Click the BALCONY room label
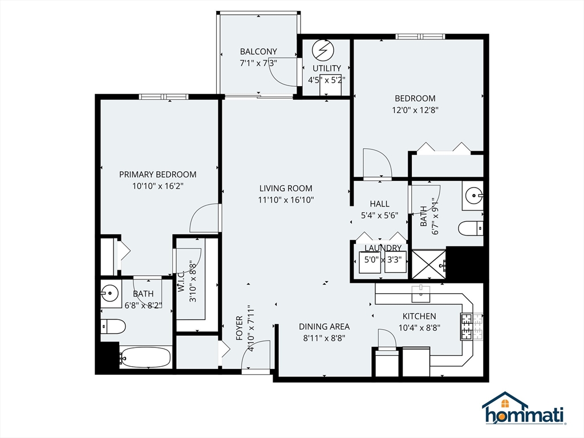(x=258, y=51)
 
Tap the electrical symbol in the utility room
(x=325, y=51)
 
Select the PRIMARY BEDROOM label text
(x=157, y=175)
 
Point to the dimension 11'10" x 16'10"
(x=286, y=200)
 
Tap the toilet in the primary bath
(x=113, y=327)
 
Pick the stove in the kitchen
(x=471, y=326)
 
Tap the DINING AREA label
(x=325, y=327)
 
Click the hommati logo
(x=524, y=409)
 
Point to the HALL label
(x=379, y=204)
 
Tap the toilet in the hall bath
(x=470, y=228)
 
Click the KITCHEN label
(x=419, y=316)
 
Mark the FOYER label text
(x=240, y=328)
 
